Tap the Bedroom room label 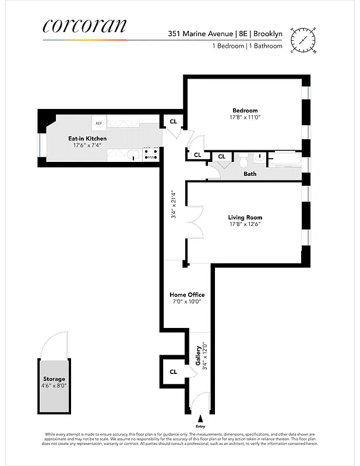click(x=245, y=111)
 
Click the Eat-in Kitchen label click(x=87, y=139)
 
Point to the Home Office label click(x=187, y=295)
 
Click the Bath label click(x=250, y=174)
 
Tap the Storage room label click(x=54, y=379)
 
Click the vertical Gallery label click(x=198, y=355)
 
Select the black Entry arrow click(x=202, y=419)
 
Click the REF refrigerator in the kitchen click(x=99, y=123)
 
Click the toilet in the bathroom click(x=243, y=158)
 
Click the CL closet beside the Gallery click(x=174, y=372)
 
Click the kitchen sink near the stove click(x=133, y=156)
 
